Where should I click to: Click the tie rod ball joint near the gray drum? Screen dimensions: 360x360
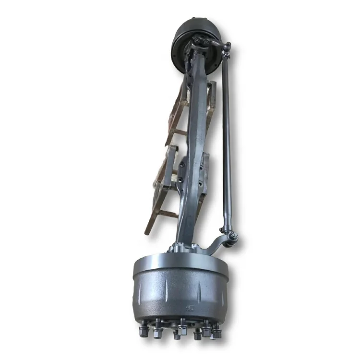pyautogui.click(x=231, y=237)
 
